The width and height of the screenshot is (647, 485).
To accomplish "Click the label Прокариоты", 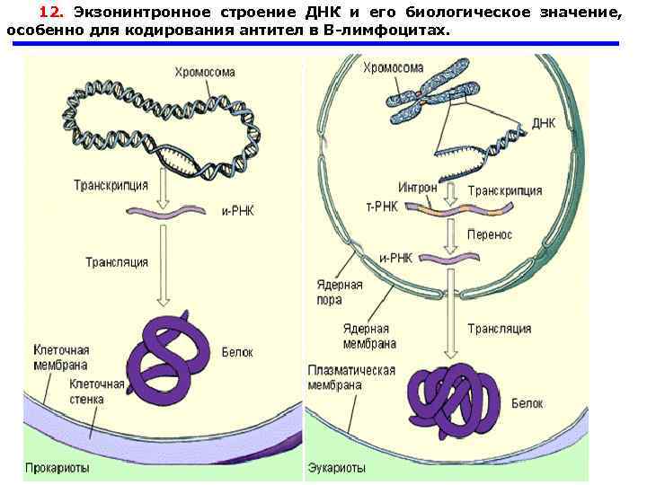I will click(x=56, y=467).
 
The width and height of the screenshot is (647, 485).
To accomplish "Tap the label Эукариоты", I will click(x=337, y=467).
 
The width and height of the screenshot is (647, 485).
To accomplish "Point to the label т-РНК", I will click(x=382, y=206).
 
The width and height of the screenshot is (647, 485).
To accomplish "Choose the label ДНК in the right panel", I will click(x=544, y=123).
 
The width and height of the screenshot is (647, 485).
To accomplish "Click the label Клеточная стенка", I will click(x=98, y=392).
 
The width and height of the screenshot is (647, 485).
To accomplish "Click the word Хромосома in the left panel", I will click(x=206, y=71).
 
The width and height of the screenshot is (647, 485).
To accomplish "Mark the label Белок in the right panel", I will click(x=527, y=403).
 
